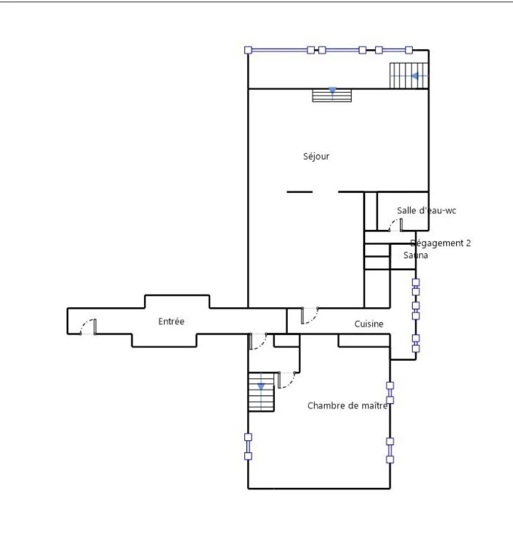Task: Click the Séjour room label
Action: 316,156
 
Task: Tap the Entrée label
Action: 171,321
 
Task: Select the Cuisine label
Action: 369,324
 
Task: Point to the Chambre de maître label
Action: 347,406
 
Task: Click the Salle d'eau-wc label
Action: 426,210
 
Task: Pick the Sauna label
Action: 416,255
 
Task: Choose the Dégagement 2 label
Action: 441,243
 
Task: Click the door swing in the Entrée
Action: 88,327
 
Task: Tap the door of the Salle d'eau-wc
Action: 396,225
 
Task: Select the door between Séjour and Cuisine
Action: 310,315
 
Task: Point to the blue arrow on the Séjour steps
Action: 332,91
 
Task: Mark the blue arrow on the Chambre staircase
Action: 261,386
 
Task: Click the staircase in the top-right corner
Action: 409,76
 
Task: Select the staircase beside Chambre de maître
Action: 261,392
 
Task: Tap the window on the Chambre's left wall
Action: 248,446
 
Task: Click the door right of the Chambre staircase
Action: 287,380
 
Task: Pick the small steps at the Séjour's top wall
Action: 332,95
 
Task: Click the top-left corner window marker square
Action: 248,50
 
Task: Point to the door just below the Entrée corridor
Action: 259,342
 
